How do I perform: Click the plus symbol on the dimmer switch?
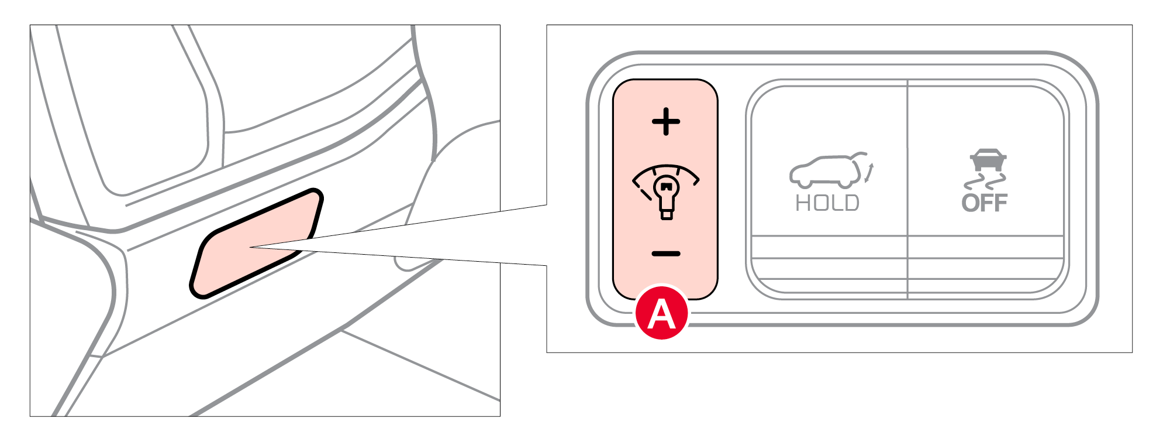pos(666,122)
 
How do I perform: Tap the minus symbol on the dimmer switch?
pos(666,254)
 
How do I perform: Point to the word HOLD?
pos(827,203)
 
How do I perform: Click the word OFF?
pos(985,203)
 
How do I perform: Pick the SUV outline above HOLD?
pos(826,171)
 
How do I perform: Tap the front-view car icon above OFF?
pos(988,160)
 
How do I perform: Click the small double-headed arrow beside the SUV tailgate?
pos(869,173)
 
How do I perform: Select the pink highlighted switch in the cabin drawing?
pos(257,244)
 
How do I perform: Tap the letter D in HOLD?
pos(852,203)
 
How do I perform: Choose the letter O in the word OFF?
pos(970,203)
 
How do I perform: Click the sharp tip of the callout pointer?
pos(250,247)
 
